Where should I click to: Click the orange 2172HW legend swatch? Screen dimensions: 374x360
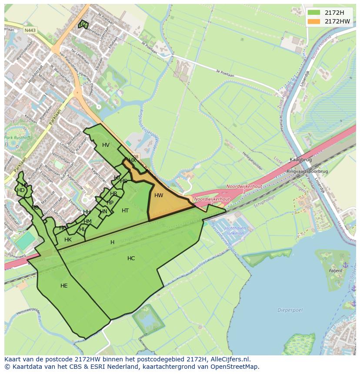[x=313, y=21]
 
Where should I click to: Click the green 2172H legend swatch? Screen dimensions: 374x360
[x=313, y=12]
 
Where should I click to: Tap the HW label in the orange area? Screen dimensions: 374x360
[x=159, y=195]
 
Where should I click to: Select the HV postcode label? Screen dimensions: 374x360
[x=106, y=145]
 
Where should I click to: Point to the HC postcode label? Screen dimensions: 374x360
[x=131, y=258]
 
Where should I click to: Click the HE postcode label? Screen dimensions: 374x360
[x=64, y=286]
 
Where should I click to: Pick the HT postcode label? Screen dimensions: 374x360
[x=125, y=211]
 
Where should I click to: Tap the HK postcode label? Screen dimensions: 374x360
[x=68, y=240]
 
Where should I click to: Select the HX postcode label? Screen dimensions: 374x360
[x=132, y=160]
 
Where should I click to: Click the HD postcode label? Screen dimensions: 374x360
[x=21, y=190]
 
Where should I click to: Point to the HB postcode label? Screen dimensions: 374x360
[x=35, y=208]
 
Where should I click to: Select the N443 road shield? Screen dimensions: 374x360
[x=30, y=30]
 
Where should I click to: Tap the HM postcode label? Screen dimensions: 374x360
[x=87, y=222]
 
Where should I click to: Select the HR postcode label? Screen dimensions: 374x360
[x=113, y=194]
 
